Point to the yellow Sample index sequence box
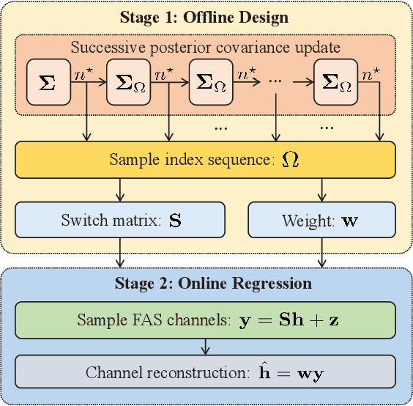tap(205, 159)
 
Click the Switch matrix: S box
tap(119, 219)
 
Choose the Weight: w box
tap(321, 219)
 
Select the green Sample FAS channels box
tap(205, 320)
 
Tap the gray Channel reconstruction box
tap(205, 372)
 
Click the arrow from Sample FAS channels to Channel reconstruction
tap(205, 346)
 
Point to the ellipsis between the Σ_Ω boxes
tap(276, 81)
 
